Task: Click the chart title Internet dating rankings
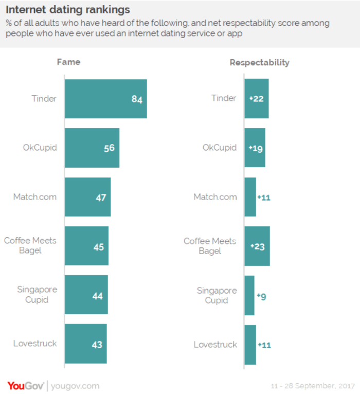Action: click(68, 10)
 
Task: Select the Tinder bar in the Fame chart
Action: click(105, 99)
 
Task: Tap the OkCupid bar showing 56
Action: click(92, 148)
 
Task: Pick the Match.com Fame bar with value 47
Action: click(87, 197)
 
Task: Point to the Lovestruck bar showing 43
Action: click(85, 345)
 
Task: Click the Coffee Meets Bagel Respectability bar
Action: click(257, 246)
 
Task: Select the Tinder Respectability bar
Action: click(256, 99)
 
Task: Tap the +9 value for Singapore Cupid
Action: click(261, 296)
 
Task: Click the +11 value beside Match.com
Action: click(264, 197)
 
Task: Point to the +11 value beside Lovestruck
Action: click(264, 345)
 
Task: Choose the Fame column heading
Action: click(68, 62)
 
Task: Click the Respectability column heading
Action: click(259, 63)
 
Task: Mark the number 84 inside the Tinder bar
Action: click(136, 99)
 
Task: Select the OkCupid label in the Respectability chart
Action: click(220, 148)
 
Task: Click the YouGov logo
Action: click(26, 386)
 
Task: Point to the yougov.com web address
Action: click(75, 386)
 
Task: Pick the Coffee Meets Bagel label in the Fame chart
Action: click(30, 245)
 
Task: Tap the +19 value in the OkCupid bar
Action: click(256, 148)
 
